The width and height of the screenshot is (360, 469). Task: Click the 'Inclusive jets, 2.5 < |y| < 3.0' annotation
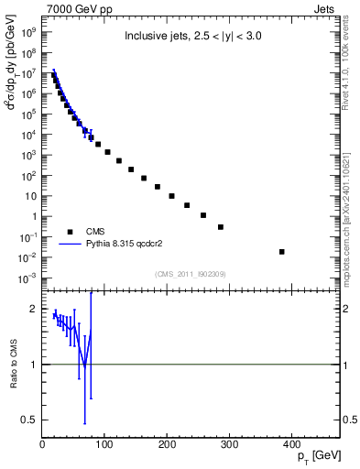point(191,38)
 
